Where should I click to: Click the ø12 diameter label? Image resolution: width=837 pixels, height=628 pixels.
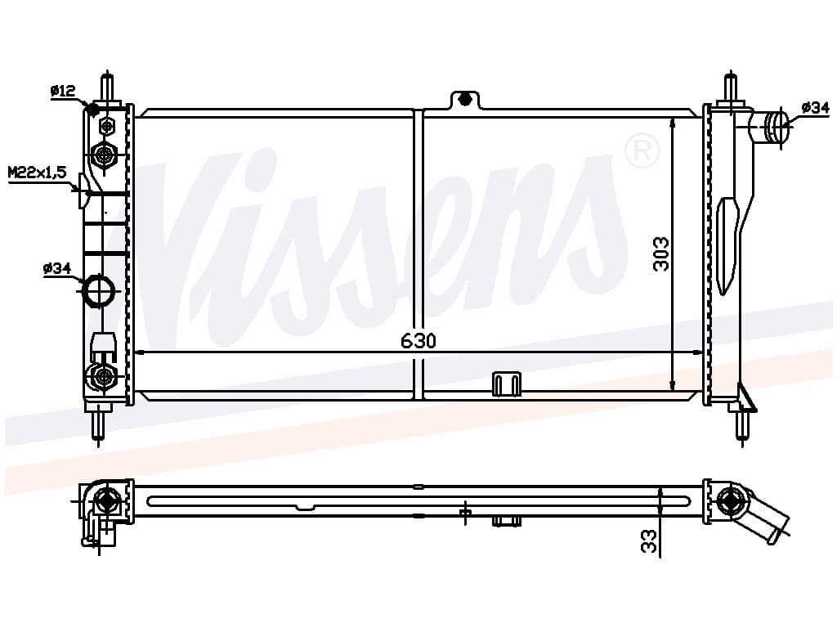tap(63, 92)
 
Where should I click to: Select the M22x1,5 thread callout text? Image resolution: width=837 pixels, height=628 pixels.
tap(37, 172)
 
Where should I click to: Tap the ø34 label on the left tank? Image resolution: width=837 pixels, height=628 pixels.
tap(57, 268)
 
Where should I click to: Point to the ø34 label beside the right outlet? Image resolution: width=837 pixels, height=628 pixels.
tap(815, 108)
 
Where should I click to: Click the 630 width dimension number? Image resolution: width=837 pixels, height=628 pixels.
tap(418, 341)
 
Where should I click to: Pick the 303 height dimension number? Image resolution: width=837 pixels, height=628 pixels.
tap(660, 254)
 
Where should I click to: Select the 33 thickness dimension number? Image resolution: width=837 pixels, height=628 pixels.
tap(648, 541)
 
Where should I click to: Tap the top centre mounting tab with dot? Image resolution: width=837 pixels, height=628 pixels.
tap(465, 100)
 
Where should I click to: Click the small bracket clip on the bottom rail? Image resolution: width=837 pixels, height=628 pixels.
tap(506, 384)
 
